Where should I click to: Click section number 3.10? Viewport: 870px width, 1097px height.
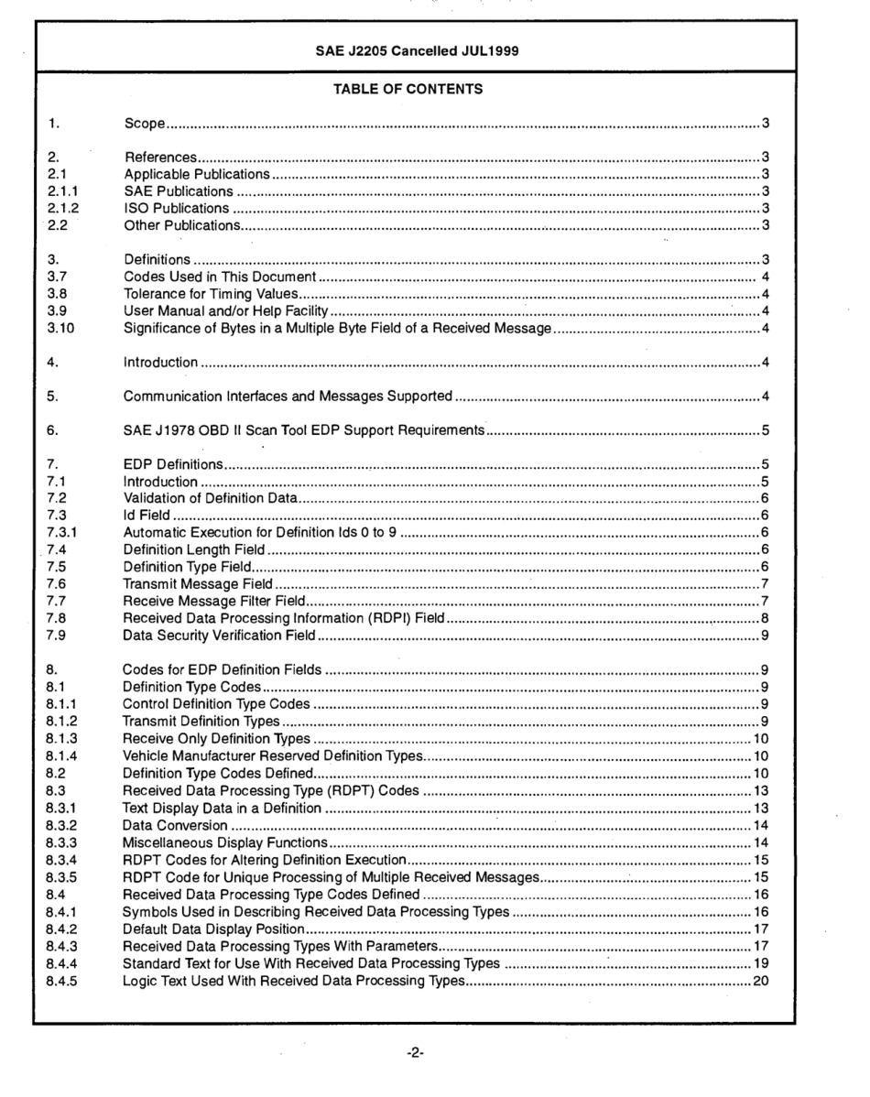tap(60, 330)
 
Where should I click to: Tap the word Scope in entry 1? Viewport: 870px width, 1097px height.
tap(144, 123)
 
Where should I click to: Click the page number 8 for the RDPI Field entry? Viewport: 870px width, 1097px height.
tap(764, 620)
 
